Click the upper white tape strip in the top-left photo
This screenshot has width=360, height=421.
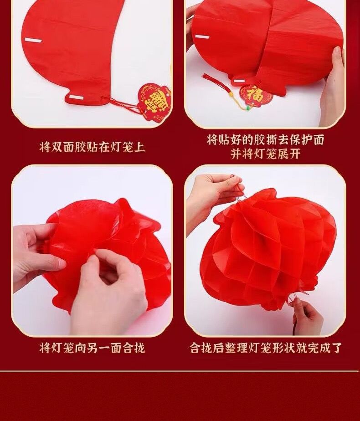tap(33, 40)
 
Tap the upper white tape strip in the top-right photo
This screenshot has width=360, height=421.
tap(204, 36)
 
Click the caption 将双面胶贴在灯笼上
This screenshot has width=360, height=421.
tap(92, 148)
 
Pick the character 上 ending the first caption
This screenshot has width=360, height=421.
tap(139, 148)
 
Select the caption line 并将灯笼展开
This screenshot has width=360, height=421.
tap(265, 154)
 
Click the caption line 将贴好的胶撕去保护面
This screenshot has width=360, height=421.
tap(265, 140)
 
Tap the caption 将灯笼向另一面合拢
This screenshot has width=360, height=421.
tap(92, 348)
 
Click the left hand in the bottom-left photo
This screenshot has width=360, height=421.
tap(37, 252)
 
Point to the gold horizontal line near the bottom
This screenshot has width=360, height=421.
tap(180, 371)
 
